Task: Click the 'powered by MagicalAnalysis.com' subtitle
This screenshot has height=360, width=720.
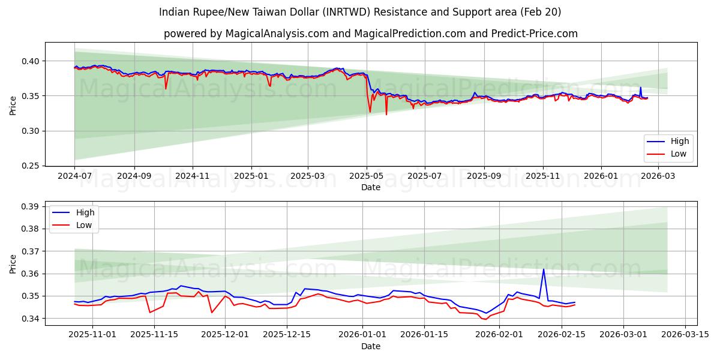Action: (370, 34)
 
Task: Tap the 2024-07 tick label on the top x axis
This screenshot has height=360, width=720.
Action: (74, 176)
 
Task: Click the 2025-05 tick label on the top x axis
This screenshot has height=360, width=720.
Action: (366, 176)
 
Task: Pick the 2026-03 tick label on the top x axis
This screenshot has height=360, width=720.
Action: (659, 176)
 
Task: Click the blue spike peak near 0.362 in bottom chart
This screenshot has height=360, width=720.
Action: (544, 269)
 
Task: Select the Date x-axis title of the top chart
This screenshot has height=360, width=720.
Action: (370, 187)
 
